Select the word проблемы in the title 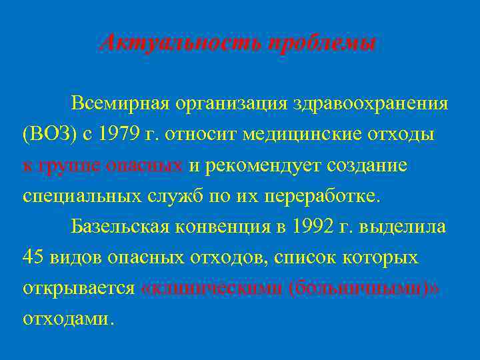point(321,44)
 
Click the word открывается point(79,288)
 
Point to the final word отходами point(67,319)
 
